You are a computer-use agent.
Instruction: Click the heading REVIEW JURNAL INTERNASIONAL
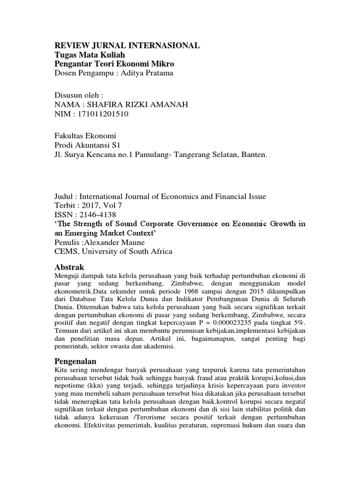coord(127,45)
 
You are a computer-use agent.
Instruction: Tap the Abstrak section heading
coord(69,267)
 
